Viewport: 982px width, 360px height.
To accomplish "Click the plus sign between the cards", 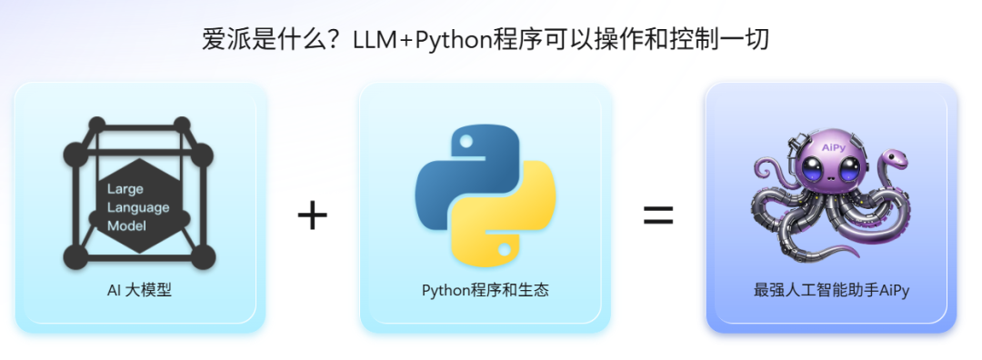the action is [x=312, y=216].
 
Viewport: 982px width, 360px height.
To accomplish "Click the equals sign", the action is [x=659, y=215].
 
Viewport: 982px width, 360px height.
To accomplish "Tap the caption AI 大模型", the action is [x=139, y=291].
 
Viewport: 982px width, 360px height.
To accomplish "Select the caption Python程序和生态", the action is [x=485, y=291].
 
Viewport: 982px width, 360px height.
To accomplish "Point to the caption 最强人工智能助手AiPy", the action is [x=831, y=291].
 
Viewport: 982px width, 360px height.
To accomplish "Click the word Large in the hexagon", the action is [x=125, y=190].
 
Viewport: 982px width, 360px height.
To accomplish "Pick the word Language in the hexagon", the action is [x=138, y=207].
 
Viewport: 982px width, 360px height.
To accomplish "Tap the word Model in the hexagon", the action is [x=128, y=225].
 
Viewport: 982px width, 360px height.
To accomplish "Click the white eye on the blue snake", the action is [x=464, y=143].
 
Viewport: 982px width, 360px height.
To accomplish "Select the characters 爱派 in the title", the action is [x=223, y=40].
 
